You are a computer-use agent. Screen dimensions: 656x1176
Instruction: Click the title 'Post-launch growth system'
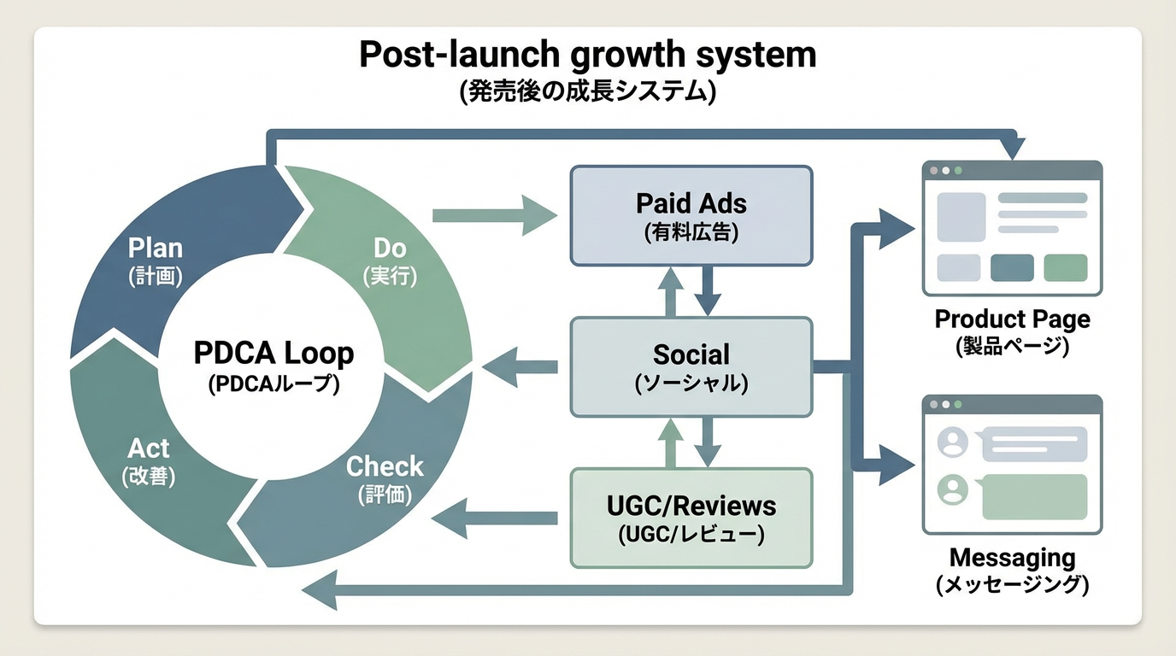coord(587,55)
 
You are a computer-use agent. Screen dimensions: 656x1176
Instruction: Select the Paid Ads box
coord(691,214)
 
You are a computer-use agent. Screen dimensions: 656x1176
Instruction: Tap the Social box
coord(691,366)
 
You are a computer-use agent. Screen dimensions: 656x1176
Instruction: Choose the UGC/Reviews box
coord(691,518)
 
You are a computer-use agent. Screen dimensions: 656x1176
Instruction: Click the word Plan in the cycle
coord(155,249)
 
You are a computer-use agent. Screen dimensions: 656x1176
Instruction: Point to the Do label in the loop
coord(390,249)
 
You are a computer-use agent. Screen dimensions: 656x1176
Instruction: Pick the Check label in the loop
coord(385,466)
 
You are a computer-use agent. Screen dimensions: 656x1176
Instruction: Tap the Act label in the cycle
coord(149,448)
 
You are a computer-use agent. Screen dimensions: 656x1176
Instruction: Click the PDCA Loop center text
coord(273,354)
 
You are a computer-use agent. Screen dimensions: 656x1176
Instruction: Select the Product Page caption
coord(1012,319)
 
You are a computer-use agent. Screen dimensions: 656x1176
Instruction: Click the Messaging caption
coord(1012,559)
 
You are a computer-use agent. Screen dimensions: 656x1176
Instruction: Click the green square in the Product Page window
coord(1065,267)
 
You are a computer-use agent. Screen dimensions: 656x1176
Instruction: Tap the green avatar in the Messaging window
coord(952,489)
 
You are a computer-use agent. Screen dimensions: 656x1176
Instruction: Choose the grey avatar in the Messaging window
coord(952,442)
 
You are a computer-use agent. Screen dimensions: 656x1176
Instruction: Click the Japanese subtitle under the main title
coord(587,91)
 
